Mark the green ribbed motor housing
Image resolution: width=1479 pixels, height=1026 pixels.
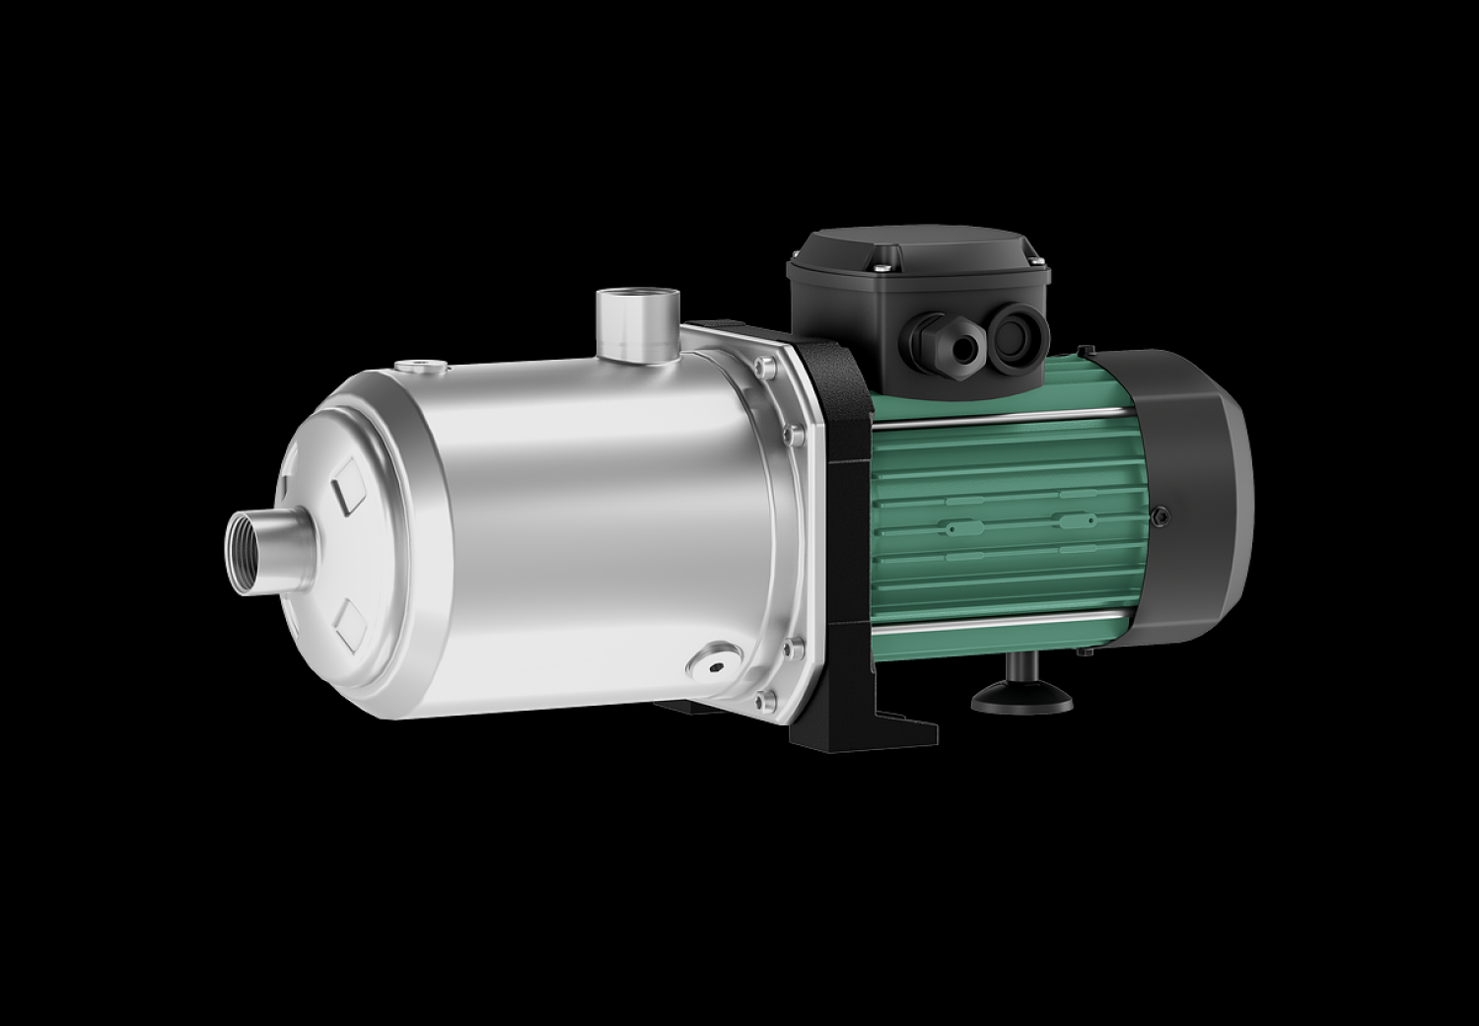pos(996,522)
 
